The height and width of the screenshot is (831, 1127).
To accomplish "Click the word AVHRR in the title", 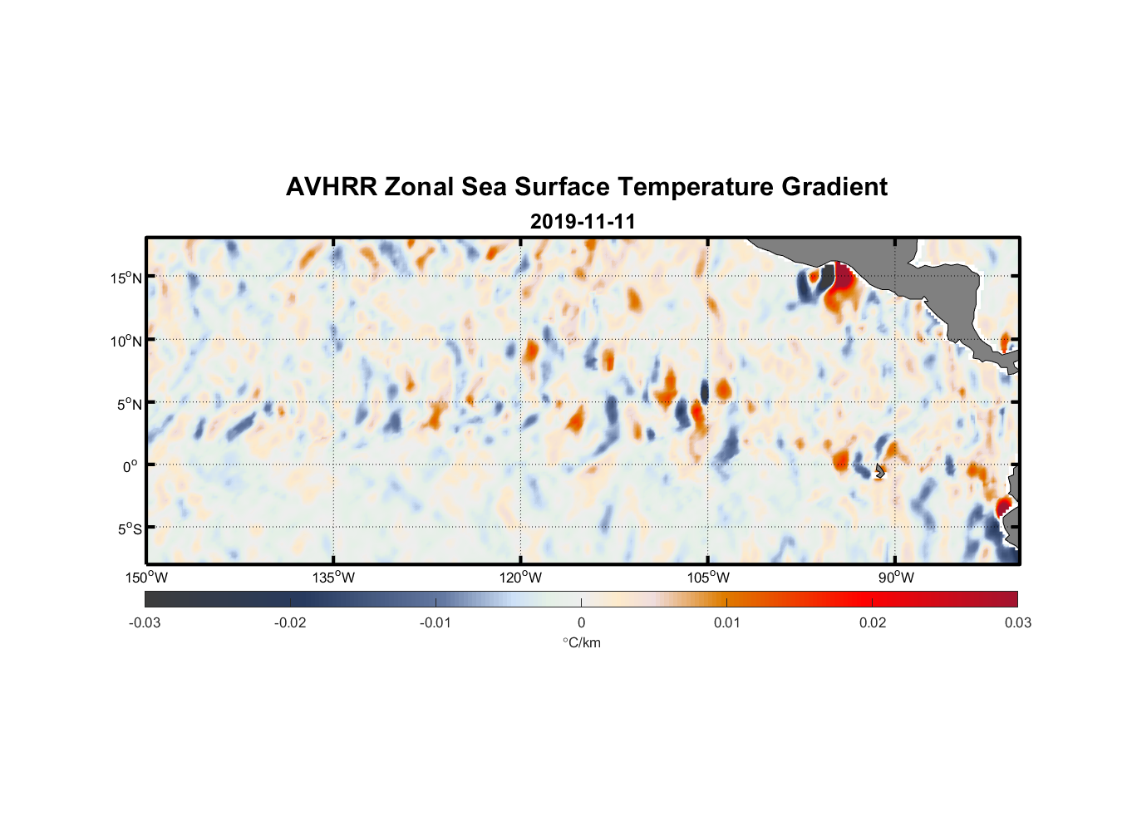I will [x=331, y=187].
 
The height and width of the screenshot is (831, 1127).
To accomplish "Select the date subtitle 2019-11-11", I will [x=583, y=222].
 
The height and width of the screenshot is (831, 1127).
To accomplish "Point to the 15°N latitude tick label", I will [x=126, y=278].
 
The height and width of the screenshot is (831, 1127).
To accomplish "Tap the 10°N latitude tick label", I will [x=126, y=341].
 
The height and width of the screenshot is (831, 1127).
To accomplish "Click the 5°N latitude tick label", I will [x=130, y=404].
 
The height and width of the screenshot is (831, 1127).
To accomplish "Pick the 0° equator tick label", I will [x=130, y=466].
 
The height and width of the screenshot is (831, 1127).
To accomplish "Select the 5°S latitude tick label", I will [x=130, y=529].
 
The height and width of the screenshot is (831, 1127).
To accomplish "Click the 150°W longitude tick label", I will [x=147, y=578].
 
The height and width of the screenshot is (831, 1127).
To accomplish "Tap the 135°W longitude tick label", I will [x=334, y=578].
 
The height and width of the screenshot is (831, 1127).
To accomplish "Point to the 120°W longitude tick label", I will [x=521, y=578].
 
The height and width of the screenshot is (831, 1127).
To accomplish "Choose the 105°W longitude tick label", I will [x=708, y=578].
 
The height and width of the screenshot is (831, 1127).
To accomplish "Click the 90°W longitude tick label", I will [x=896, y=578].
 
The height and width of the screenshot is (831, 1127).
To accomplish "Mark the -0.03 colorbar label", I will [x=145, y=622].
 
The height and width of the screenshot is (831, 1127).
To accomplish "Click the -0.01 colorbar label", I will [x=436, y=622].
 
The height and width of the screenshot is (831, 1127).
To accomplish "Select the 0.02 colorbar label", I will [x=873, y=622].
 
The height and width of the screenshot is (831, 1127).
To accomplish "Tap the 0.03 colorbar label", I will [x=1017, y=622].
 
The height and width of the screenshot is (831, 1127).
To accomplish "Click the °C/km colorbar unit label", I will [x=582, y=642].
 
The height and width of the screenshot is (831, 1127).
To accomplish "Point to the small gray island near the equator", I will [x=879, y=470].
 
